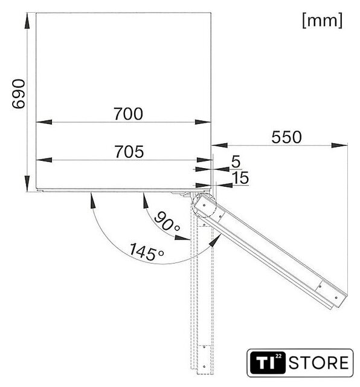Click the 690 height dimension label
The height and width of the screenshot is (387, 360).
pos(19,94)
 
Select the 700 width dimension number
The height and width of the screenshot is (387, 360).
pos(128,114)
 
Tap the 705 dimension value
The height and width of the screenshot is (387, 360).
pos(129,152)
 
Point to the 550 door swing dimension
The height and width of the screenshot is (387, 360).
pos(286,137)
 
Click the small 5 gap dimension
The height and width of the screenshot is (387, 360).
pos(236,162)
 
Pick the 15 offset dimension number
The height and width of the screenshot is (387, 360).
pos(240,178)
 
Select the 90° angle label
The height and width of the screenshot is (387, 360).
pos(167,221)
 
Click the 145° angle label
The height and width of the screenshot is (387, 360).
pos(146,252)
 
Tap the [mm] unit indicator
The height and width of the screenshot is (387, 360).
pos(323,21)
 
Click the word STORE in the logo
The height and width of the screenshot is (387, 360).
pos(318,363)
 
